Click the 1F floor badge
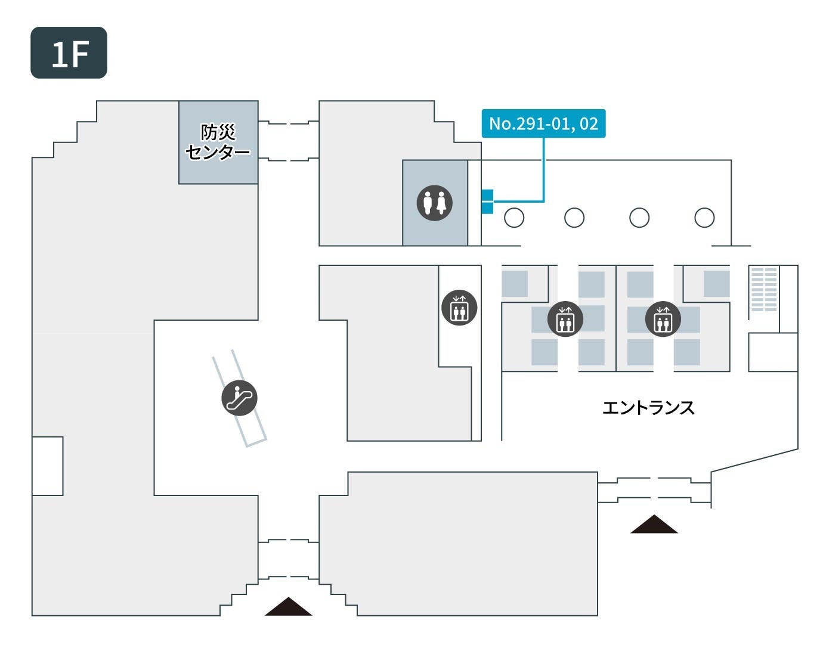click(69, 52)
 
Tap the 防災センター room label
click(218, 142)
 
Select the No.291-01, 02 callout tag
click(543, 123)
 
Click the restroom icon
click(434, 203)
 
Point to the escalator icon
click(239, 398)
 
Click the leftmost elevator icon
click(459, 308)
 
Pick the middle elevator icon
click(565, 319)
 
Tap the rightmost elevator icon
click(663, 319)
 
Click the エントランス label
click(648, 408)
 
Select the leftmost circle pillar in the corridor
click(514, 218)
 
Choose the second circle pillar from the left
click(574, 218)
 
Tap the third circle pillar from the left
click(639, 218)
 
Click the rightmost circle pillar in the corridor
click(704, 218)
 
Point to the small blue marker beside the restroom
click(487, 201)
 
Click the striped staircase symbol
click(763, 289)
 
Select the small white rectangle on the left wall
click(48, 466)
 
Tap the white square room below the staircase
click(773, 352)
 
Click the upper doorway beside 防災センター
click(288, 123)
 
